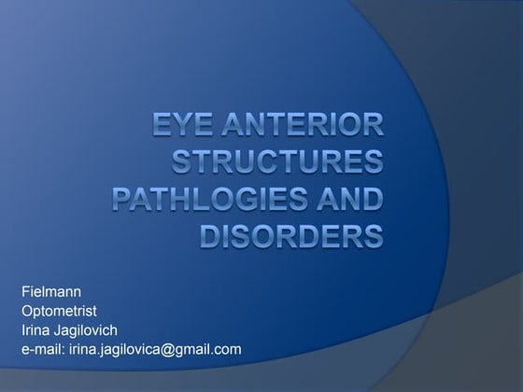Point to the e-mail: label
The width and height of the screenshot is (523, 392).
click(x=41, y=349)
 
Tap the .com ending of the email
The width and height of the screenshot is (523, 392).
click(x=227, y=349)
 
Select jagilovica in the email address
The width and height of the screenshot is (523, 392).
click(x=128, y=349)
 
